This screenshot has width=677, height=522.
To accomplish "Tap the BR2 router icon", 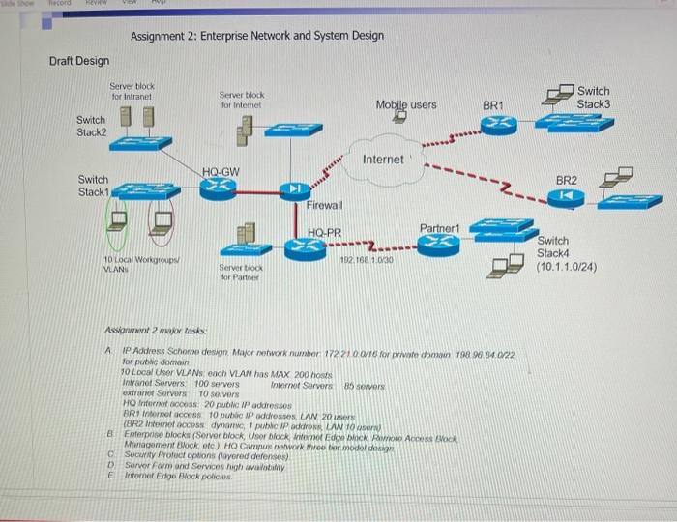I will (x=566, y=196).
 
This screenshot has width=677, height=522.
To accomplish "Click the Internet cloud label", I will (x=383, y=159).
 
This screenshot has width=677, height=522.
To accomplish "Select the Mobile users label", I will (x=406, y=103).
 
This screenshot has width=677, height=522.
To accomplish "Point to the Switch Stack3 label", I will (x=594, y=97).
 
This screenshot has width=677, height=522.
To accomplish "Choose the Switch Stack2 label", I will (x=92, y=126).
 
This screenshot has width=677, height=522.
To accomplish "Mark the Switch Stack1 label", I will (x=94, y=185).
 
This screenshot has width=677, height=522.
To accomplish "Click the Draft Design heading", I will (x=79, y=61).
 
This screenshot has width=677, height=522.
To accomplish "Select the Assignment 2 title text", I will (x=256, y=36).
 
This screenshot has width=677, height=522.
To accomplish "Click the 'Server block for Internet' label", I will (x=242, y=101).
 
